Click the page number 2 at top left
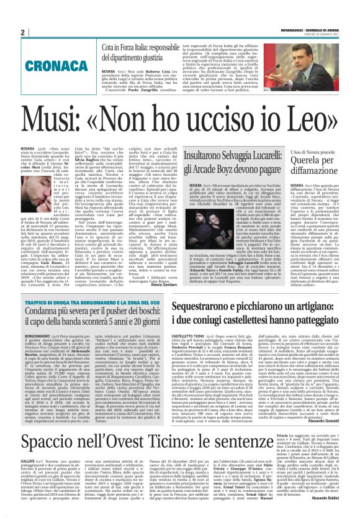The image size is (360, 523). click(x=22, y=32)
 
